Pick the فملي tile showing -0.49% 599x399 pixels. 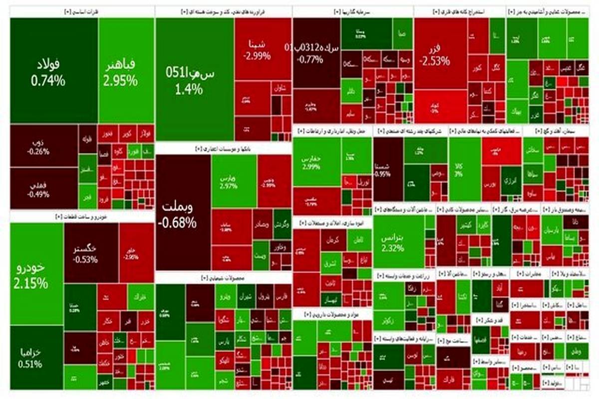click(44, 189)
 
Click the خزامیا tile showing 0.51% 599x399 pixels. click(36, 357)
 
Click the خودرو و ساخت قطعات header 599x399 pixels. click(82, 216)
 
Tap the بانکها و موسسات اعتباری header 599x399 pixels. click(223, 149)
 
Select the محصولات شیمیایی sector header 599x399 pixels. click(223, 278)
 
